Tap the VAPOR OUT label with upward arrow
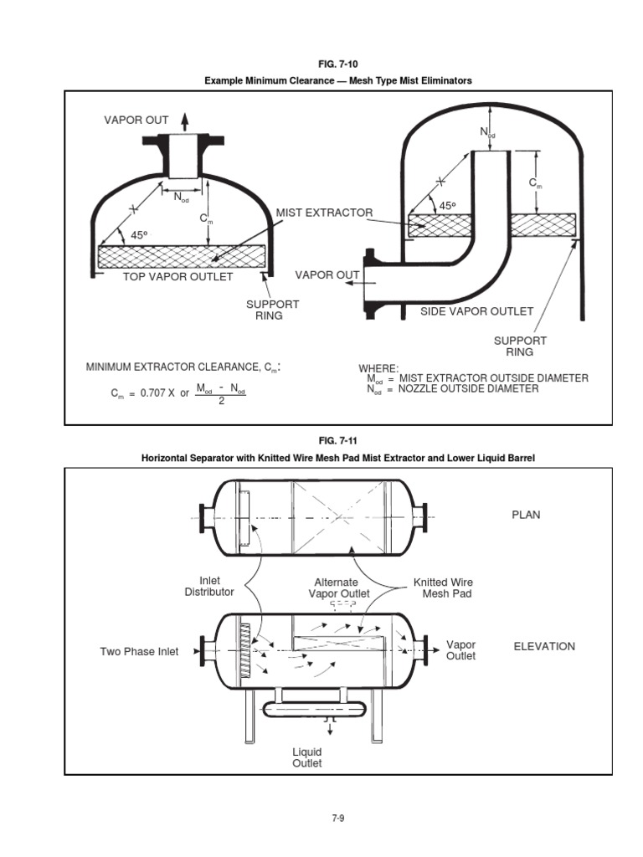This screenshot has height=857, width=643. pos(136,121)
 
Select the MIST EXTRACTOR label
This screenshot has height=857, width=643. pos(324,213)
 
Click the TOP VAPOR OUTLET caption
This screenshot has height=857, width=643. pos(177,276)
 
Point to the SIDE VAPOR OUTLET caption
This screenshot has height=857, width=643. pos(476,311)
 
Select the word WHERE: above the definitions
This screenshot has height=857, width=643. pos(378,368)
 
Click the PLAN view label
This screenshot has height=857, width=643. pos(526,516)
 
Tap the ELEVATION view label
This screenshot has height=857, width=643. pos(543,646)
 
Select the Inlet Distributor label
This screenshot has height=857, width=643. pos(209,586)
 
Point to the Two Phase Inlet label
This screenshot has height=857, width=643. pos(139,651)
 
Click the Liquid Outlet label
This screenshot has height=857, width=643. pos(306,757)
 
